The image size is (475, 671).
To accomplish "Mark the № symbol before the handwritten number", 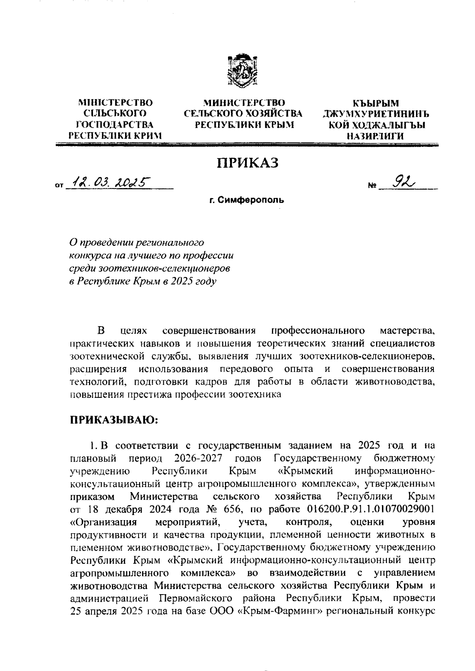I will [372, 185].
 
